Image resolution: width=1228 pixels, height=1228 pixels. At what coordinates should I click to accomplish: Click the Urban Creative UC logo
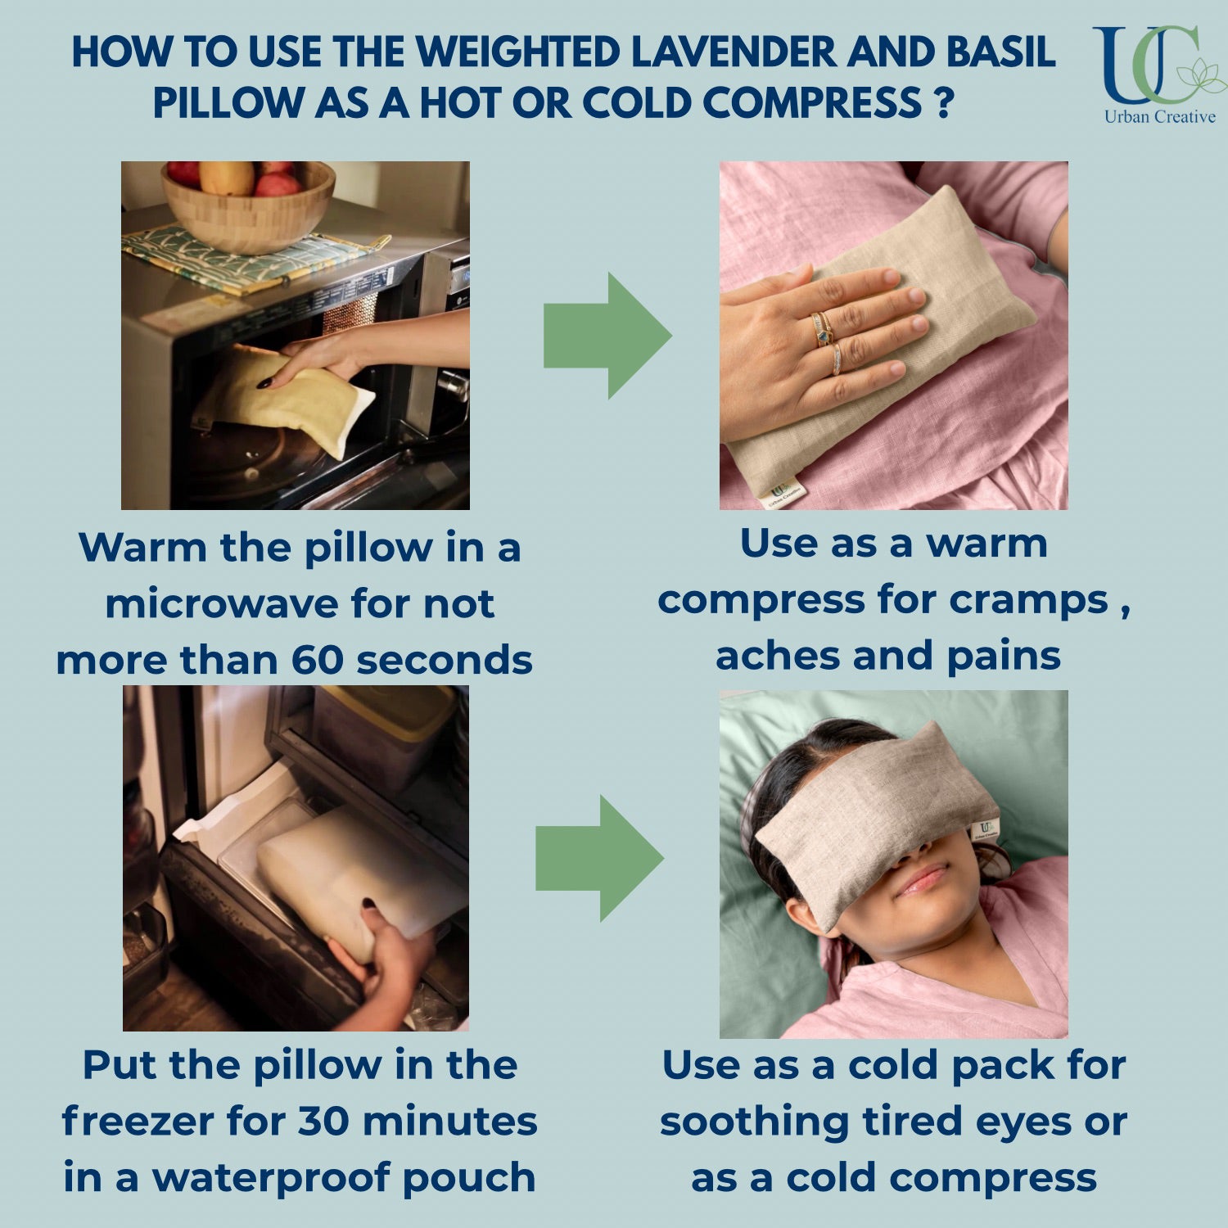point(1158,74)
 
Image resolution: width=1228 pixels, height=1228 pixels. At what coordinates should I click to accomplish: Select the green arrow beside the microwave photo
point(607,336)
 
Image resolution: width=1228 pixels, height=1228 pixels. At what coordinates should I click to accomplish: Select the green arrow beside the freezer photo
point(599,858)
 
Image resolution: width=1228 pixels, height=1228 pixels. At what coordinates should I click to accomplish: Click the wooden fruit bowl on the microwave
point(248,205)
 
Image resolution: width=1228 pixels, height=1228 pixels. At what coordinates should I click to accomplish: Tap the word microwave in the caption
point(222,604)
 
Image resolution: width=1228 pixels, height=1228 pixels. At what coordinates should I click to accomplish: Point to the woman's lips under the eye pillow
point(923,880)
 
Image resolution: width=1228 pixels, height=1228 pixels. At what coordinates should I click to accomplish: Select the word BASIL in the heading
point(1001,52)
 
